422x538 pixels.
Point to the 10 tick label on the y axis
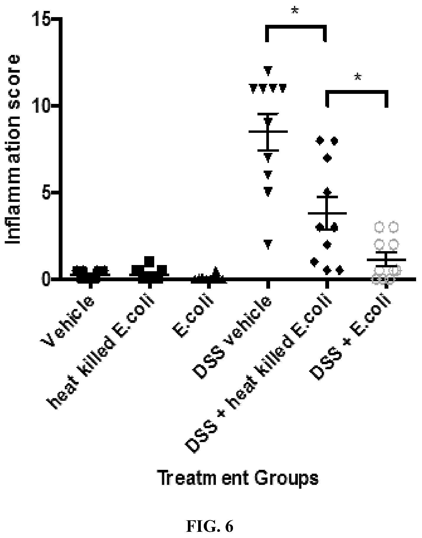tap(41, 105)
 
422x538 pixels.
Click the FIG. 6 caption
tap(210, 527)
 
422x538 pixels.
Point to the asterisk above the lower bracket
tap(358, 77)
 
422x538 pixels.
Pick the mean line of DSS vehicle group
tap(268, 131)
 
